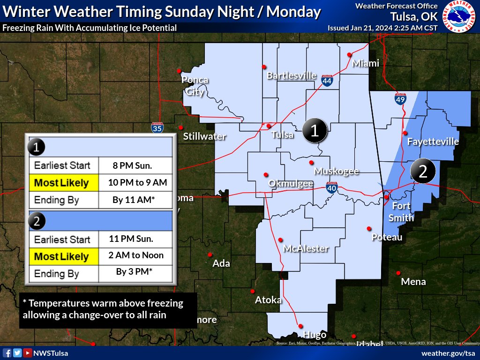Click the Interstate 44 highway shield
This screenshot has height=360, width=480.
click(x=327, y=81)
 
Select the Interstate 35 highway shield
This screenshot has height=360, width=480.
click(x=157, y=127)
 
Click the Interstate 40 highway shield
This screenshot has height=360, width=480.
click(x=332, y=187)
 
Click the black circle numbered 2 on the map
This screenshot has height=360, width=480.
click(x=422, y=172)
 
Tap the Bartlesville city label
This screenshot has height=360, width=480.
click(x=292, y=75)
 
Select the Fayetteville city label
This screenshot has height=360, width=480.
click(x=433, y=141)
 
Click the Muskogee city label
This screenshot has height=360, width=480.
click(x=337, y=171)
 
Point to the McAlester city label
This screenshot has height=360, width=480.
click(x=306, y=248)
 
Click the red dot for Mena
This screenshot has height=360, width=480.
click(x=398, y=273)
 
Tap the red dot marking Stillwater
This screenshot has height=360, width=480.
click(x=181, y=127)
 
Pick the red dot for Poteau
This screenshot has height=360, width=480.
click(x=369, y=229)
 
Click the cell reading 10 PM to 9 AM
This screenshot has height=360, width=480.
click(x=135, y=182)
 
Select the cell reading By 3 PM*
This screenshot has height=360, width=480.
click(x=135, y=272)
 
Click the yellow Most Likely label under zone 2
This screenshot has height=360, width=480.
click(x=61, y=256)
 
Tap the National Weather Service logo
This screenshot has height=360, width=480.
click(x=459, y=16)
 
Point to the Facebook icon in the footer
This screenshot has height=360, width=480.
click(x=7, y=353)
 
